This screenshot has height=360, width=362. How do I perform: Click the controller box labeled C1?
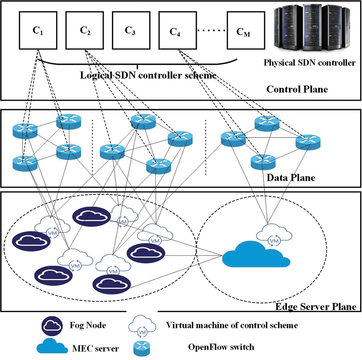coord(38,30)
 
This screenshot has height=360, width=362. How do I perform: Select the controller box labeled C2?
coord(85,30)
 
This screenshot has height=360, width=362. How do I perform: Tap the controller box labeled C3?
coord(131,30)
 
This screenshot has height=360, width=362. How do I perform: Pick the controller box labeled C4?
coord(178,30)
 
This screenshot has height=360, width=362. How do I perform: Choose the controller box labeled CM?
coord(246,30)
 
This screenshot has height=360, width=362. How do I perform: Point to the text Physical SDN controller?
coord(309,63)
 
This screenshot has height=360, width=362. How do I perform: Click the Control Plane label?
coord(297,89)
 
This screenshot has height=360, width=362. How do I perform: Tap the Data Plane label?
coord(291,177)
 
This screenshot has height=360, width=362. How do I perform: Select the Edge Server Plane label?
coord(316,307)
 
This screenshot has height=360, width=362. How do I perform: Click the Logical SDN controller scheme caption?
coord(148,75)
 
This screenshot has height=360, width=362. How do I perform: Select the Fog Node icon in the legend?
coord(52,326)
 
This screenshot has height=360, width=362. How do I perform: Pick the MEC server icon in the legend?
coord(52,346)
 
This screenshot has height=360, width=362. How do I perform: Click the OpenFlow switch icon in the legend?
coord(142,348)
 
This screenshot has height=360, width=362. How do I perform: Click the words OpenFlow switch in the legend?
coord(221,347)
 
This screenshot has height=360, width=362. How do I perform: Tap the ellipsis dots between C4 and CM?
coord(211,30)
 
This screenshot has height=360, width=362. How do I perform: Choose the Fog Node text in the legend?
coord(88,325)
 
